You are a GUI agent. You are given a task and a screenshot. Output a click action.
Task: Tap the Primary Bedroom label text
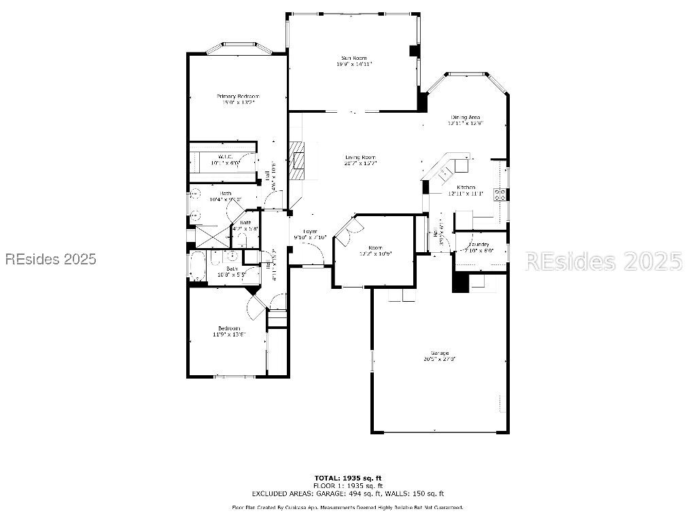click(238, 97)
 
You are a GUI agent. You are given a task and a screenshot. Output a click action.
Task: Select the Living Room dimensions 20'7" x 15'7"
click(360, 163)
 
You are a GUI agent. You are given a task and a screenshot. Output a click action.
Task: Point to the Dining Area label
click(465, 118)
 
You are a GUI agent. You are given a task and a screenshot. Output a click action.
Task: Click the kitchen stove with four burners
click(501, 194)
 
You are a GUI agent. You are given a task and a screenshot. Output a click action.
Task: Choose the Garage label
click(440, 353)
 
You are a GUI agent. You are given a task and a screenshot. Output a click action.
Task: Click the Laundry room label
click(478, 243)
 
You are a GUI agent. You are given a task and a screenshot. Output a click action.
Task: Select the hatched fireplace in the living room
click(297, 159)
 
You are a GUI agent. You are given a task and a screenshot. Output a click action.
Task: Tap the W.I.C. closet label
click(226, 157)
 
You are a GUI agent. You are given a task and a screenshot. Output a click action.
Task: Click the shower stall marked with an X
click(211, 235)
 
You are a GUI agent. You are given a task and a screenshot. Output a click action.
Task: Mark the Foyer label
click(310, 231)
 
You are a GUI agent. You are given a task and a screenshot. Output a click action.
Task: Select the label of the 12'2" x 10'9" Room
click(375, 247)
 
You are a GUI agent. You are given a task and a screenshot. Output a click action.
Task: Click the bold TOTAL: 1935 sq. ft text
click(347, 478)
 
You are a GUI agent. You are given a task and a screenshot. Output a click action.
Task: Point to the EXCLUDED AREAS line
click(347, 493)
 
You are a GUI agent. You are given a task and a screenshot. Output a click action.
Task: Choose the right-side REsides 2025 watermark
click(604, 261)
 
